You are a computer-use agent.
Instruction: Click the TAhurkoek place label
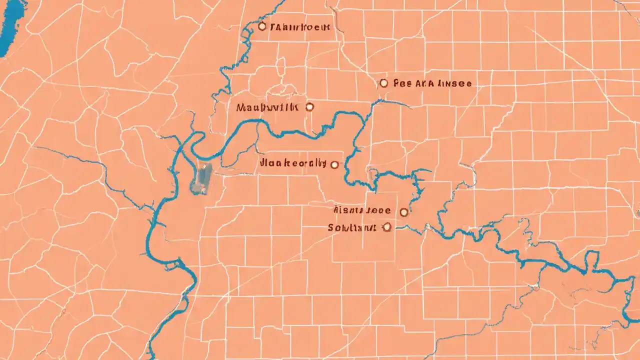(x=299, y=27)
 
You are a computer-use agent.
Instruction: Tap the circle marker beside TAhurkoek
(x=262, y=26)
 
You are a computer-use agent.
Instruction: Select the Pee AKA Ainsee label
(x=432, y=84)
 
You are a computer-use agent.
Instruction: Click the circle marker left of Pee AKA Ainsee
(x=383, y=83)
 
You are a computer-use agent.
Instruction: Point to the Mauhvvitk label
(x=267, y=107)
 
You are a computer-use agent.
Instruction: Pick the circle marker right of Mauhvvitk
(x=309, y=106)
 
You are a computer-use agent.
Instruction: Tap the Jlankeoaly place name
(x=293, y=163)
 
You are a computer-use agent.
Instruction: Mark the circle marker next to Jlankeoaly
(x=334, y=164)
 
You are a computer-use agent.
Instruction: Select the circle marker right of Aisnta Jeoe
(x=404, y=212)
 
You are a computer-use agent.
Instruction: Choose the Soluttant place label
(x=351, y=227)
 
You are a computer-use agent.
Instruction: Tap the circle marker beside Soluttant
(x=386, y=227)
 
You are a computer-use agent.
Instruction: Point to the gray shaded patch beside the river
(x=201, y=179)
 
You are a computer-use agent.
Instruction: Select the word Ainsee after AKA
(x=454, y=84)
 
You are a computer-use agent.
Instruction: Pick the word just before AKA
(x=403, y=84)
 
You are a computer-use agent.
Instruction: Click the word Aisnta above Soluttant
(x=348, y=210)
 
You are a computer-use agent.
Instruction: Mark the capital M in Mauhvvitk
(x=240, y=107)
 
